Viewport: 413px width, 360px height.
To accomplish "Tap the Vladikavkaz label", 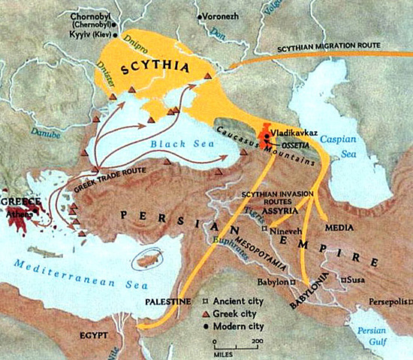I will (296, 129).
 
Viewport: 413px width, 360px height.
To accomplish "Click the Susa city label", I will (357, 280).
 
